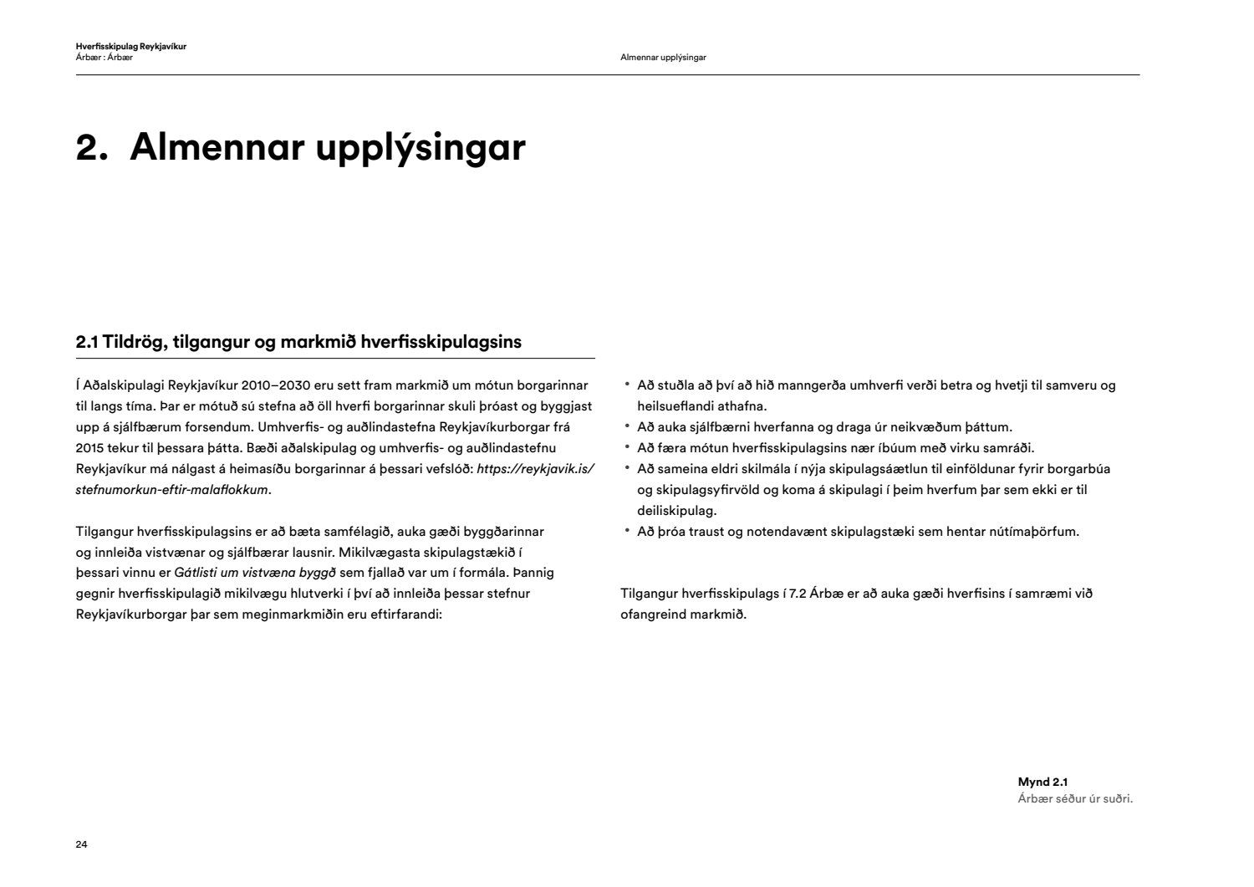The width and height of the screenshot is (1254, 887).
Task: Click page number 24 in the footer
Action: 81,844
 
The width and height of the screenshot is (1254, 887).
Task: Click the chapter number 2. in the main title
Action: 93,148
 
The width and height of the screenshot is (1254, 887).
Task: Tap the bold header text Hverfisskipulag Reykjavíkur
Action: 130,47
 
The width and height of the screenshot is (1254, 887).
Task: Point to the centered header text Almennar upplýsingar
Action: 663,58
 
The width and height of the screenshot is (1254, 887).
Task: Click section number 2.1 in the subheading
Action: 87,342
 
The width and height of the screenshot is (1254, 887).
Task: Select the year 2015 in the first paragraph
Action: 89,448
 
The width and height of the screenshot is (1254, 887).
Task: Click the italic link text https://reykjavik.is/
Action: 535,469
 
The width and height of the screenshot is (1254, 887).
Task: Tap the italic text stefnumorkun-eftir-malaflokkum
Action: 172,490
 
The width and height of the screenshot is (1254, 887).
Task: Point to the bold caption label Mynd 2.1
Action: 1042,782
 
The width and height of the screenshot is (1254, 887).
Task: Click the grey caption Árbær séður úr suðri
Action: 1074,798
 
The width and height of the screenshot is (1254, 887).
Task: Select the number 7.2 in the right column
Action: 798,594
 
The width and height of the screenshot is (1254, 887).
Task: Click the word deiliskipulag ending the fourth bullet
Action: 677,511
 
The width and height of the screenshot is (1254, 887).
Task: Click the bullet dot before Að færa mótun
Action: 627,447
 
